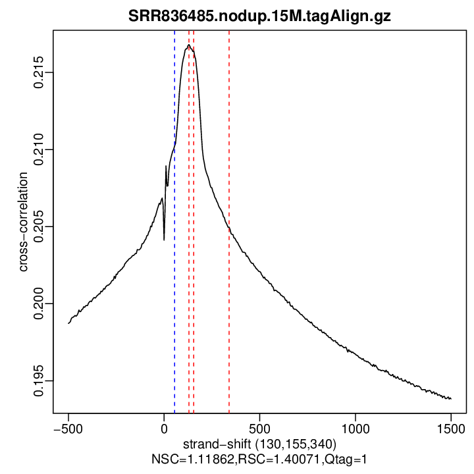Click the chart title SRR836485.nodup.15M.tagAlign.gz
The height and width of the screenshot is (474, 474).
pyautogui.click(x=259, y=16)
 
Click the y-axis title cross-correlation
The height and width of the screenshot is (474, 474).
pyautogui.click(x=24, y=223)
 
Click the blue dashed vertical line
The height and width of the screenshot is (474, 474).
pyautogui.click(x=174, y=263)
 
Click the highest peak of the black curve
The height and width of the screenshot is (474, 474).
pyautogui.click(x=189, y=45)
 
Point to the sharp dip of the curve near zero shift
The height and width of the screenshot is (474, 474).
pyautogui.click(x=164, y=239)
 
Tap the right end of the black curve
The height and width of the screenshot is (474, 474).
pyautogui.click(x=451, y=399)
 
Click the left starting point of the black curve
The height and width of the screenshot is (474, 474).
pyautogui.click(x=68, y=323)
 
